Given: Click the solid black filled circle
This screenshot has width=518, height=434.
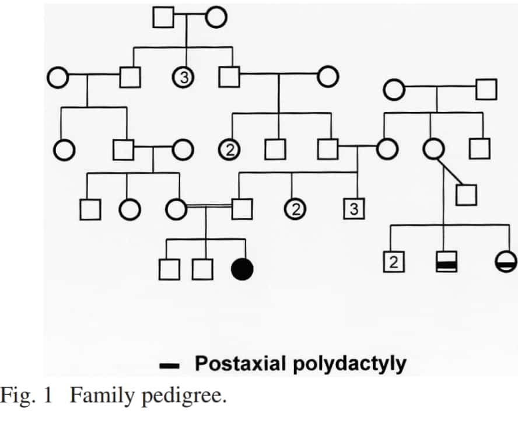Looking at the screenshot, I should coord(243,269).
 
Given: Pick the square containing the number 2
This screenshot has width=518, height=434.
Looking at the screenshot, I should coord(393,263).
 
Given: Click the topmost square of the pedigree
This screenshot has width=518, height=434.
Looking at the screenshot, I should coord(163,17).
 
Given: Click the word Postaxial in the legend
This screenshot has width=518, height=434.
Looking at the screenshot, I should coord(237,364).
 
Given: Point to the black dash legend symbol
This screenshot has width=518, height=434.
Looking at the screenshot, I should coord(170,366).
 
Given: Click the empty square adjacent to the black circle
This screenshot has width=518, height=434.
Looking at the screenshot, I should coord(202,269).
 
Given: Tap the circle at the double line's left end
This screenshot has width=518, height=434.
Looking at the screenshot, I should coord(176,208).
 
